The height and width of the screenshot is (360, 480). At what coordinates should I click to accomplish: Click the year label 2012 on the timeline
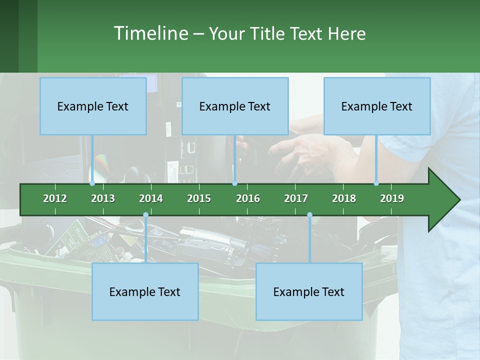pyautogui.click(x=55, y=198)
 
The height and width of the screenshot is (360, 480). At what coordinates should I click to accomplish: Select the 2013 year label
pyautogui.click(x=103, y=198)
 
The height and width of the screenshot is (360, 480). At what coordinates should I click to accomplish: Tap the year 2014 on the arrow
pyautogui.click(x=151, y=198)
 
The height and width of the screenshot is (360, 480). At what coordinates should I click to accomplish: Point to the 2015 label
pyautogui.click(x=199, y=198)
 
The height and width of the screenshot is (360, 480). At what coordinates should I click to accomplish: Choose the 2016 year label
pyautogui.click(x=248, y=198)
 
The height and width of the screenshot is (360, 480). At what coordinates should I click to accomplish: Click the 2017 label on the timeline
pyautogui.click(x=296, y=198)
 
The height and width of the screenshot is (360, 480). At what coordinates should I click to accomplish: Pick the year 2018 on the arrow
pyautogui.click(x=344, y=198)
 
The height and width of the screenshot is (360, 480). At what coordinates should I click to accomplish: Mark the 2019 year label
pyautogui.click(x=392, y=198)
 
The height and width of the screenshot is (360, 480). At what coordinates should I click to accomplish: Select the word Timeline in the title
pyautogui.click(x=150, y=33)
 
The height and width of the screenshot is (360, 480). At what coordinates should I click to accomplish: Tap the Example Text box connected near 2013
pyautogui.click(x=93, y=106)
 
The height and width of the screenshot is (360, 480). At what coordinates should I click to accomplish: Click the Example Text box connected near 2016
pyautogui.click(x=235, y=106)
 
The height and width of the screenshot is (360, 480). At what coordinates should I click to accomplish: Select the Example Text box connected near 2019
pyautogui.click(x=377, y=106)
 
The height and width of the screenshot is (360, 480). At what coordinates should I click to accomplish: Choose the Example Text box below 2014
pyautogui.click(x=145, y=291)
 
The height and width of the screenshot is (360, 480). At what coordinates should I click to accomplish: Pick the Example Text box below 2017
pyautogui.click(x=309, y=291)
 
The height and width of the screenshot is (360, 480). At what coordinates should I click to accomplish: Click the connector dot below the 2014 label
pyautogui.click(x=145, y=215)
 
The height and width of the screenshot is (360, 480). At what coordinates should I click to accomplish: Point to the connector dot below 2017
pyautogui.click(x=309, y=215)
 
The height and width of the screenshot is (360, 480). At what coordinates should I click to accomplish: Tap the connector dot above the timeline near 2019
pyautogui.click(x=376, y=183)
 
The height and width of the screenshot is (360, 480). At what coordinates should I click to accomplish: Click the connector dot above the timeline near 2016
pyautogui.click(x=234, y=183)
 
